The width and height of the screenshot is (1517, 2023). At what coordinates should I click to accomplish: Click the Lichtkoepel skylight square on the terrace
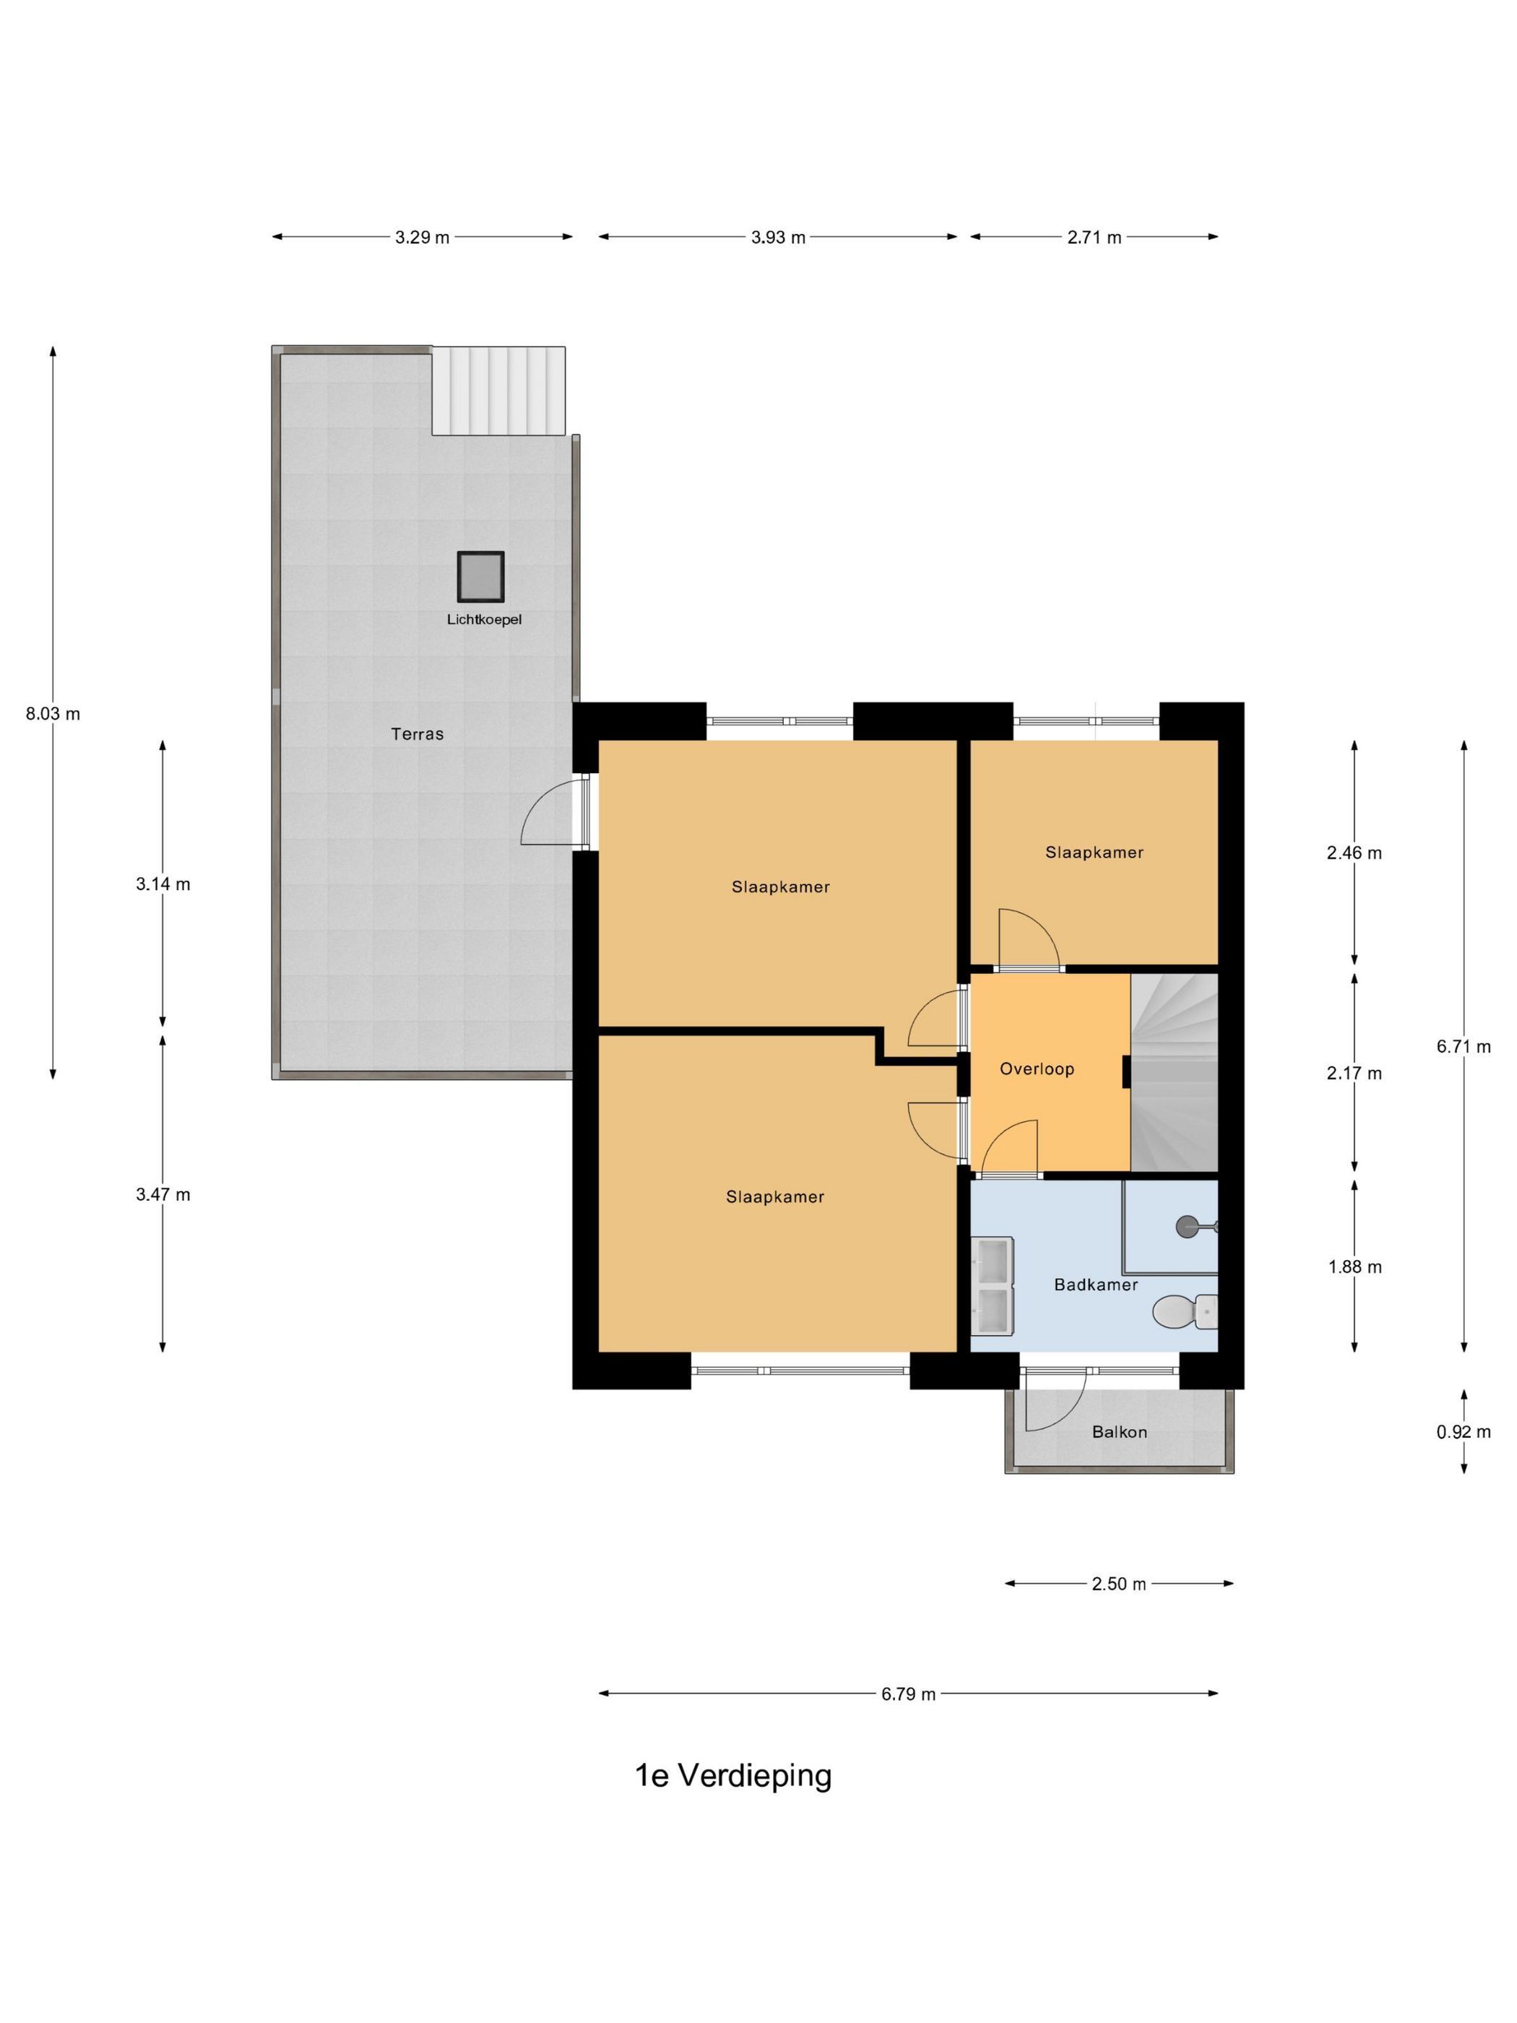coord(480,577)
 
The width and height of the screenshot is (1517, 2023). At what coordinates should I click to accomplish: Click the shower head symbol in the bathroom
coord(1189,1225)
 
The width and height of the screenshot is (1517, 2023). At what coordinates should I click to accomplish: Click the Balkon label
coord(1119,1431)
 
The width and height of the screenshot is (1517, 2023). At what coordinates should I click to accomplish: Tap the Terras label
coord(417,733)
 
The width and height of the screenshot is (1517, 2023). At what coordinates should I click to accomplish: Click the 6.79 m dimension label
coord(908,1694)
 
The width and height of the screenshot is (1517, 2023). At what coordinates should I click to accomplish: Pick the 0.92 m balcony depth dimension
coord(1463,1431)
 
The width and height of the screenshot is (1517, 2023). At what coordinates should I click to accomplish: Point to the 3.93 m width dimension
coord(778,238)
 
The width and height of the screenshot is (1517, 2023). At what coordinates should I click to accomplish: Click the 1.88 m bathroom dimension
coord(1354,1267)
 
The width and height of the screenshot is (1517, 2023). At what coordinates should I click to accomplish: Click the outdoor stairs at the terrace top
coord(498,391)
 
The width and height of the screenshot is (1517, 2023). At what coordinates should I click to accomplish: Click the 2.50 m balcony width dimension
coord(1118,1584)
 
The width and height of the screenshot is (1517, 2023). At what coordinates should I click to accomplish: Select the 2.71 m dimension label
coord(1094,238)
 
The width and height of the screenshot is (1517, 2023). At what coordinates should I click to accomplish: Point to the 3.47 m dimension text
coord(163,1194)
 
